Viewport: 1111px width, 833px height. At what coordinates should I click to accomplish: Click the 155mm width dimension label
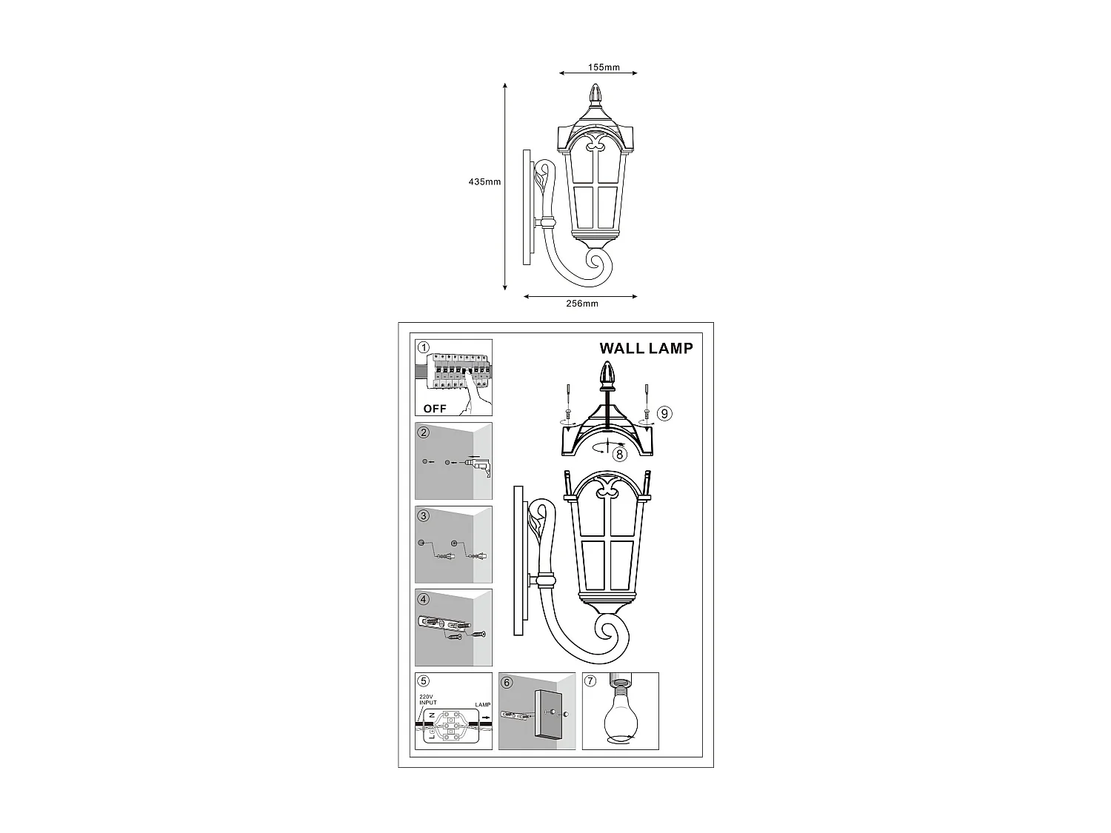pos(604,67)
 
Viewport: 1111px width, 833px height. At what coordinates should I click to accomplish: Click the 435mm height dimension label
pos(484,181)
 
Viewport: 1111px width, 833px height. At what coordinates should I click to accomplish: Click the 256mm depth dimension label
pos(581,304)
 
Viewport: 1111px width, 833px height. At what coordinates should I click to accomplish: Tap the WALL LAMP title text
pos(646,348)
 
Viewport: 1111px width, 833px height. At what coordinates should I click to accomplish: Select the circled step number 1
pos(424,348)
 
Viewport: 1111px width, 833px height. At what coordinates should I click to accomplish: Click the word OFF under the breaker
pos(435,408)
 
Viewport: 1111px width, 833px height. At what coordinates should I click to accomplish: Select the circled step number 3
pos(424,515)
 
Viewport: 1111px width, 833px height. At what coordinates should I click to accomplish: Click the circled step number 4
pos(424,598)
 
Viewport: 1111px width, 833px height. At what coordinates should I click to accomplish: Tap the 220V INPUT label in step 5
pos(428,699)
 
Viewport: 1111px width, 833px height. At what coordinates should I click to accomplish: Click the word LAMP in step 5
pos(482,705)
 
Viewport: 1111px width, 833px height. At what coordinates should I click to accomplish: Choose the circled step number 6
pos(507,682)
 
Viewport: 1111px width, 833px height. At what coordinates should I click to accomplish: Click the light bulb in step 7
pos(620,715)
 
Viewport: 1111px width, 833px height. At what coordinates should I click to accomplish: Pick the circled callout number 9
pos(664,413)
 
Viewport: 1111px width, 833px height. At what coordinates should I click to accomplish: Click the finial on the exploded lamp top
pos(607,374)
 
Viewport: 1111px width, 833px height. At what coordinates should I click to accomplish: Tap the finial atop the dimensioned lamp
pos(595,95)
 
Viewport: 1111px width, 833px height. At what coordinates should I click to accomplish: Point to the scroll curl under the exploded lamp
pos(612,632)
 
